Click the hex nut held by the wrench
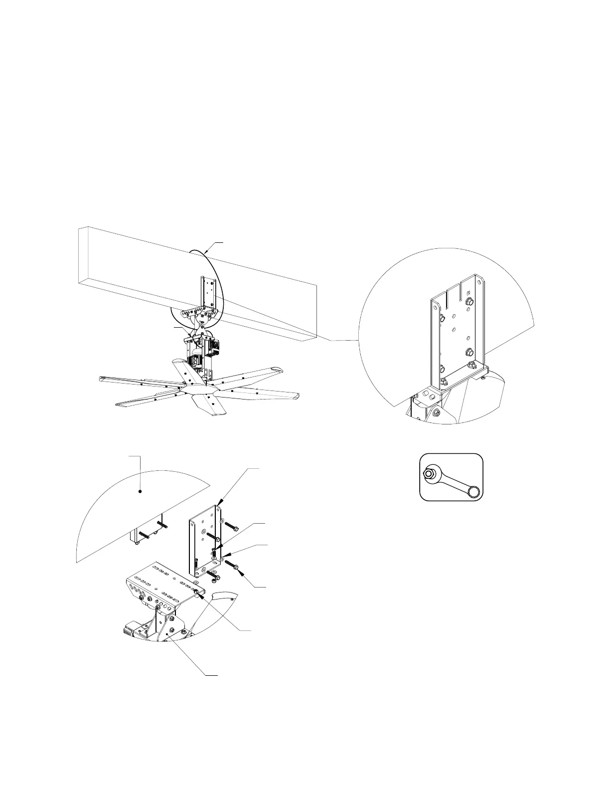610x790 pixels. tap(429, 473)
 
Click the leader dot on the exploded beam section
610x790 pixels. tap(141, 491)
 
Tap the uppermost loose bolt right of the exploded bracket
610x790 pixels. tap(231, 526)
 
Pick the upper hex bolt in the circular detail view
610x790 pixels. tap(469, 302)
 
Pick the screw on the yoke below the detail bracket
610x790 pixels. tap(436, 412)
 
